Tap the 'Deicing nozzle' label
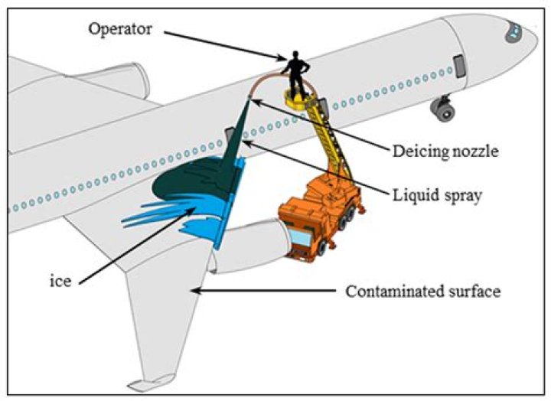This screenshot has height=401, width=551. point(445,151)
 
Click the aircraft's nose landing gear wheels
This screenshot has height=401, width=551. point(443,112)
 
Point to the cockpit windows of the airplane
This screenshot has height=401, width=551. point(512,31)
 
